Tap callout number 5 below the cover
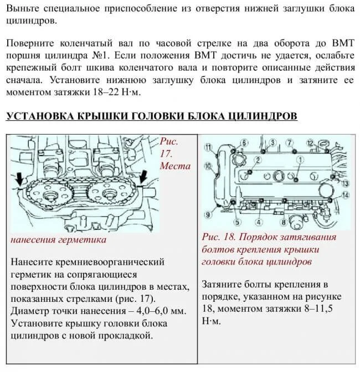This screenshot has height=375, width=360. [236, 223]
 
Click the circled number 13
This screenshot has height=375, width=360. [344, 183]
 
